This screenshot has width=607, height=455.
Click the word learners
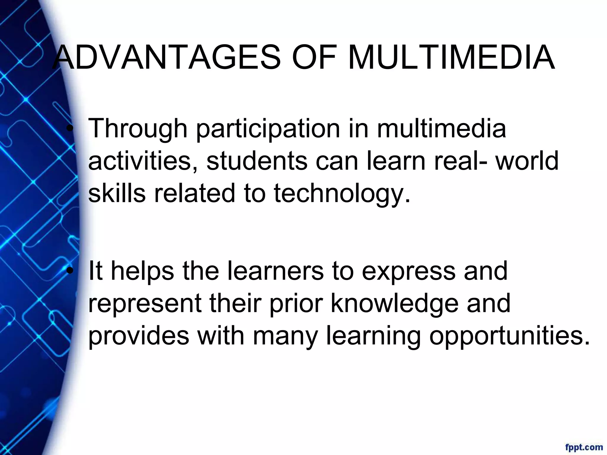pyautogui.click(x=275, y=271)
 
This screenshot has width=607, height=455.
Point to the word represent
pyautogui.click(x=145, y=304)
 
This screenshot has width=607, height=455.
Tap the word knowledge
pyautogui.click(x=394, y=304)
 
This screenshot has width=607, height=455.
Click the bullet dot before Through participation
pyautogui.click(x=70, y=129)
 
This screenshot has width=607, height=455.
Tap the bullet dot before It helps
pyautogui.click(x=70, y=271)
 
